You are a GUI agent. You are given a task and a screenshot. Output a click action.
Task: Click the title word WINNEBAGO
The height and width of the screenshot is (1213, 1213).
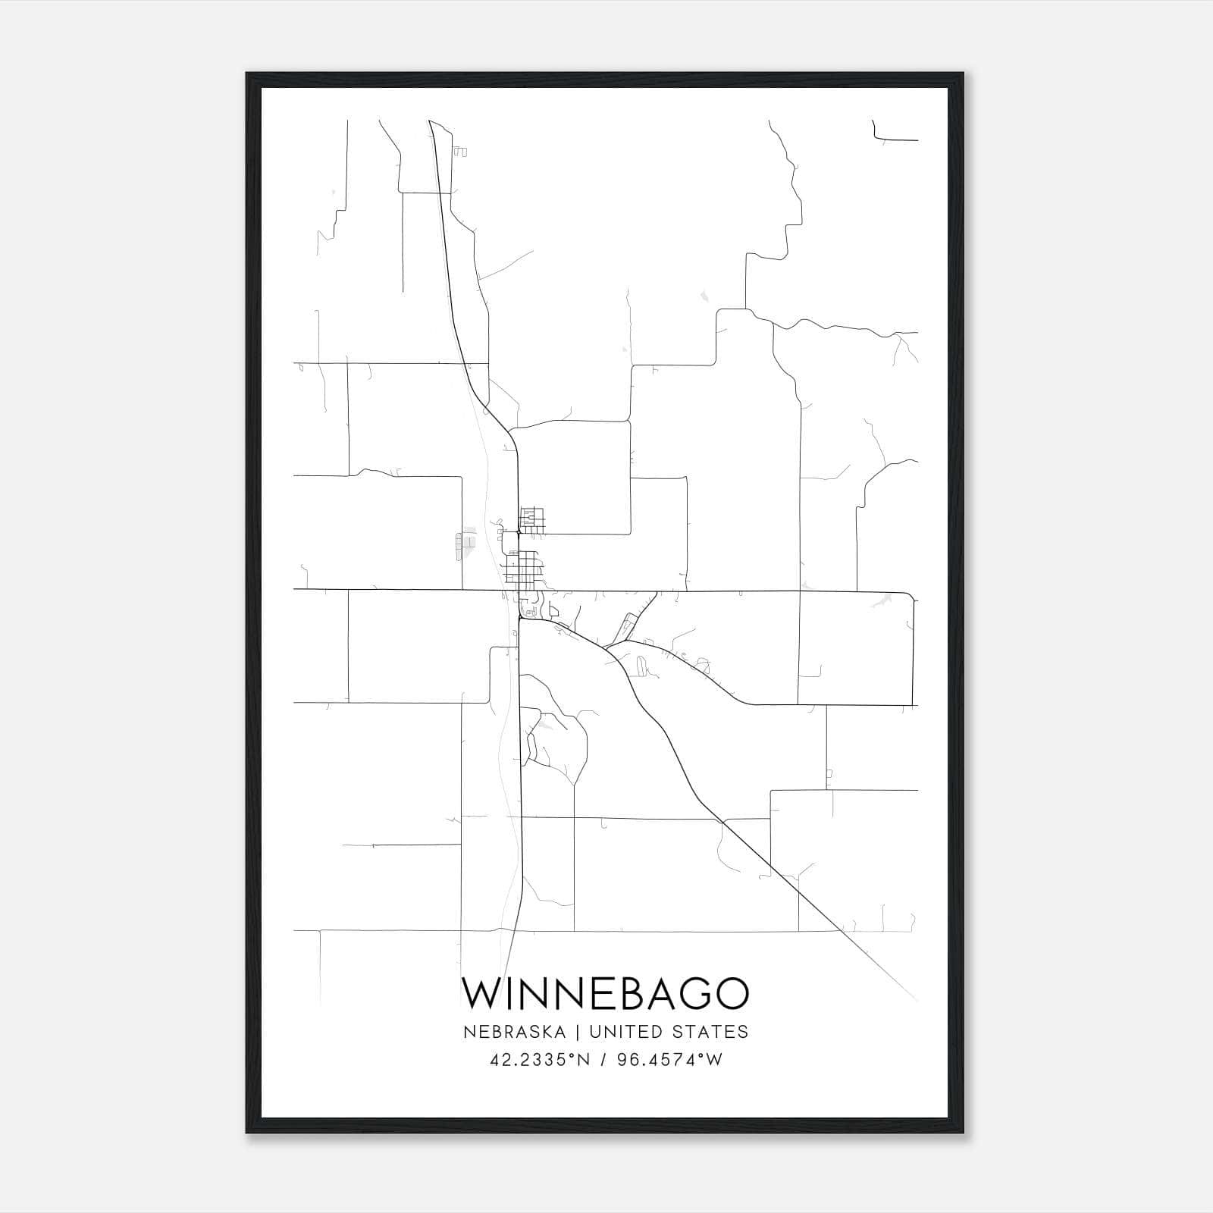pyautogui.click(x=606, y=993)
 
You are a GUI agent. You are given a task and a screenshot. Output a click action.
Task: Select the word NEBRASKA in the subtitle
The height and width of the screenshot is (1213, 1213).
pyautogui.click(x=523, y=1032)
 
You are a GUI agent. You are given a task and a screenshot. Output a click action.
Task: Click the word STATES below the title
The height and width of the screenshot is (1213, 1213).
pyautogui.click(x=708, y=1032)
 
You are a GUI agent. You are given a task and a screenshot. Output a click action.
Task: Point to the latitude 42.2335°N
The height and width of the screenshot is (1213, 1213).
pyautogui.click(x=540, y=1060)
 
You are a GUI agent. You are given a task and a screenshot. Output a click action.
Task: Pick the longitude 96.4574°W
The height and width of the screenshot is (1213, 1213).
pyautogui.click(x=669, y=1060)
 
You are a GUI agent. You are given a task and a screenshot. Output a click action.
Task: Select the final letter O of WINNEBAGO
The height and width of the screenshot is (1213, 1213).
pyautogui.click(x=731, y=993)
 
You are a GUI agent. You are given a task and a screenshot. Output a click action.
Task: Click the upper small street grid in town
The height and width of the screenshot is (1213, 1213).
pyautogui.click(x=531, y=519)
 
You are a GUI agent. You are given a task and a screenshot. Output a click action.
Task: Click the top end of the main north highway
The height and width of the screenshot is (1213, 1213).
pyautogui.click(x=430, y=121)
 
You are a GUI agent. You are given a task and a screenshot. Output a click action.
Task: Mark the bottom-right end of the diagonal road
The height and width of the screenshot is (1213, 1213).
pyautogui.click(x=917, y=1001)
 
